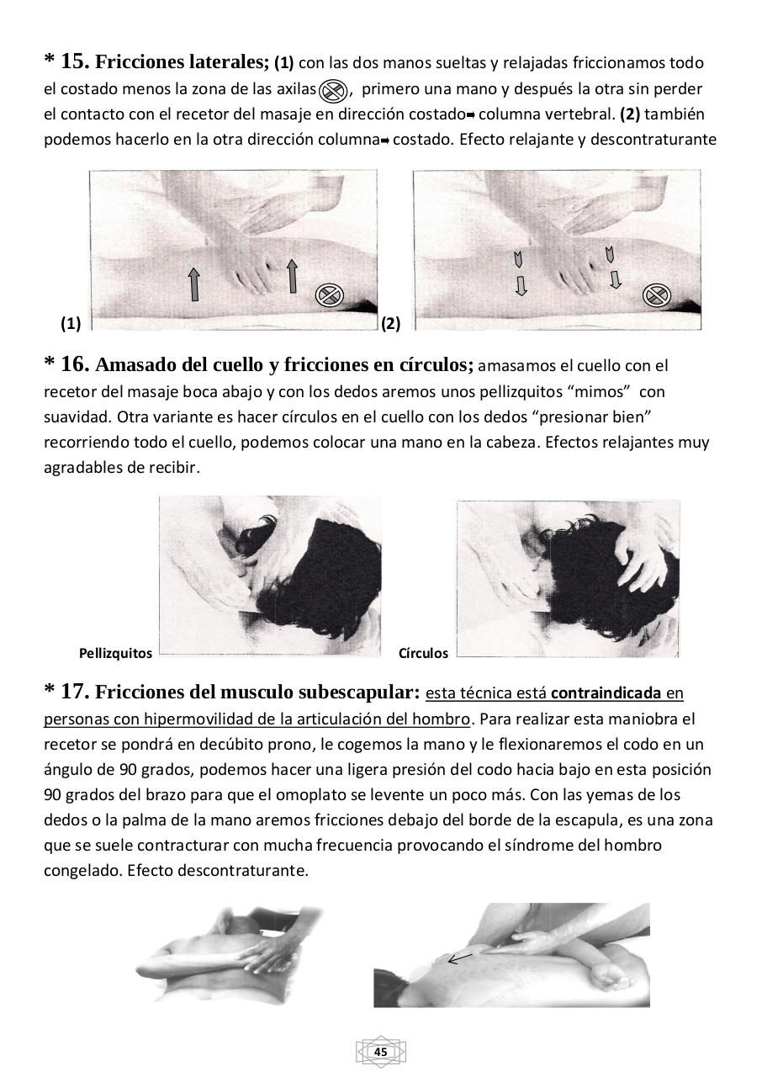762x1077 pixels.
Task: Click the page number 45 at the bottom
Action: (380, 1052)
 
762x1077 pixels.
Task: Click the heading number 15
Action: (74, 61)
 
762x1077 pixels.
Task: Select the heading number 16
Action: (74, 364)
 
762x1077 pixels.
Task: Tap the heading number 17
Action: (74, 692)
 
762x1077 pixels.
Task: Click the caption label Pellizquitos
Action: (115, 653)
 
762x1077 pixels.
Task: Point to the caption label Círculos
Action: (423, 653)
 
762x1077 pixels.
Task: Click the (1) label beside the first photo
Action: (71, 323)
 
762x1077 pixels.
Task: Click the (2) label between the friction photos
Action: (391, 323)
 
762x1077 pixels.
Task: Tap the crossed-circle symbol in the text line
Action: (334, 90)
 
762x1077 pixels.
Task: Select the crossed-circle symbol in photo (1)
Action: (330, 295)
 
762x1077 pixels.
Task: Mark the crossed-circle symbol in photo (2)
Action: (655, 295)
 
